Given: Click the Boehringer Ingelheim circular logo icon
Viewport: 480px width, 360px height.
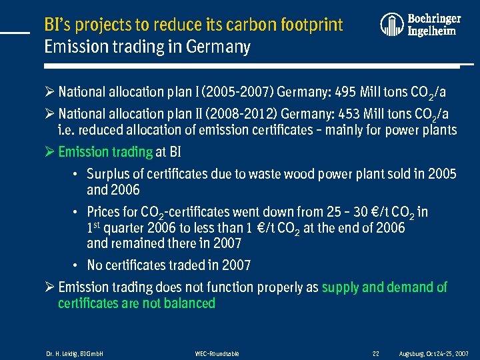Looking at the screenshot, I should tap(392, 25).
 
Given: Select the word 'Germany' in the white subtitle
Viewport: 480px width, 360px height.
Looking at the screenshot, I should tap(221, 47).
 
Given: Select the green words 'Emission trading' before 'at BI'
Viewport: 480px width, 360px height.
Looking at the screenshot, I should tap(105, 151).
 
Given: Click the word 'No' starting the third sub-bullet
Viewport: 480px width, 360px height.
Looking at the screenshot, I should tap(95, 265).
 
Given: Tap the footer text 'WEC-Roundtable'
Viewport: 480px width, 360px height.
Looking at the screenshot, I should tap(217, 353).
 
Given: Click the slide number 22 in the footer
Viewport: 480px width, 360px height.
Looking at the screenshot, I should tap(376, 353).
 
